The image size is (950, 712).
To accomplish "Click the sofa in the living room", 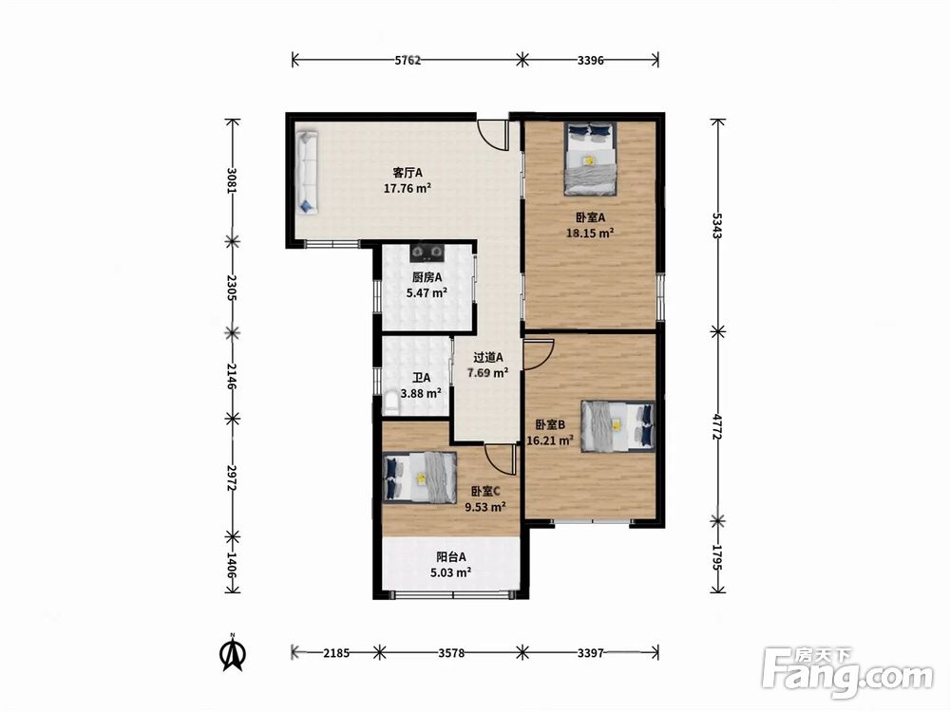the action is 308,172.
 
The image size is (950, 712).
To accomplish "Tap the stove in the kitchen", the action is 427,251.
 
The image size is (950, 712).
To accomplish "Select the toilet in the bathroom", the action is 391,403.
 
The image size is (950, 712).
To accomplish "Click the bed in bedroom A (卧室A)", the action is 590,159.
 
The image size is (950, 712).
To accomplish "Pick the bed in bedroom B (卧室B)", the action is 617,425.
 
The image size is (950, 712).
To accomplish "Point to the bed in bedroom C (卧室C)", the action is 420,478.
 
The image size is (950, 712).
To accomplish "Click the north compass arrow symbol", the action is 233,653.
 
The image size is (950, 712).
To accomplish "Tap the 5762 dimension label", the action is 408,60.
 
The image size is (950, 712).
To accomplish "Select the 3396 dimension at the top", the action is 590,60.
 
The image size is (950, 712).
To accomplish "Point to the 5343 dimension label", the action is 717,226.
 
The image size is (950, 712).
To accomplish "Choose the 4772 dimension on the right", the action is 717,427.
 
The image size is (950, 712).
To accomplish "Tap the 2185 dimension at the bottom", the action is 336,653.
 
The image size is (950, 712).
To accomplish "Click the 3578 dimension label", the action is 451,653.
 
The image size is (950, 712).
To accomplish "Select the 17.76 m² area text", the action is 408,188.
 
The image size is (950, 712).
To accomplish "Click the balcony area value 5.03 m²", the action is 450,572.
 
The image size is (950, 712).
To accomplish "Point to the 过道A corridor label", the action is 487,357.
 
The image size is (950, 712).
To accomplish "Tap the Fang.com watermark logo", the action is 847,671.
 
